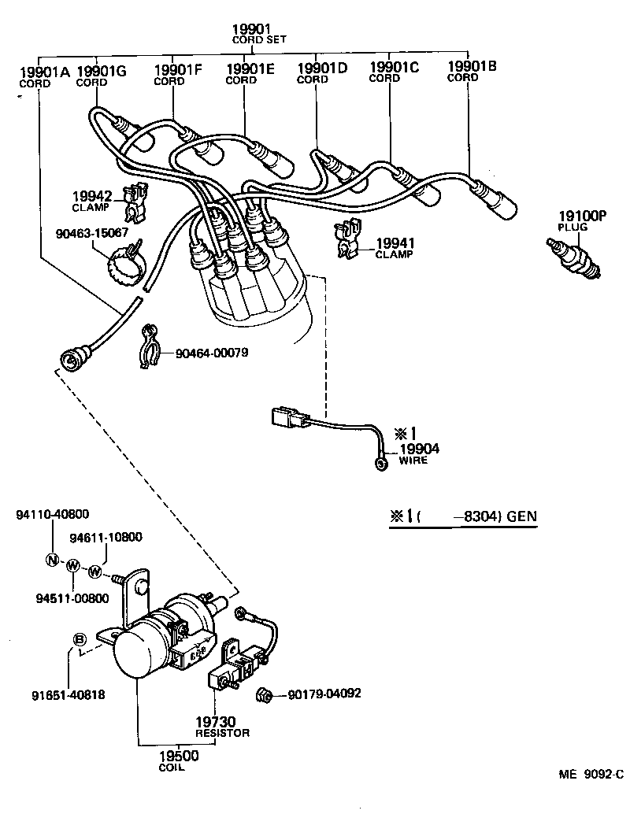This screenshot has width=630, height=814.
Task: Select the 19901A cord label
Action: coord(43,76)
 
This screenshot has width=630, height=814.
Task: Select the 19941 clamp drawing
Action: coord(347,239)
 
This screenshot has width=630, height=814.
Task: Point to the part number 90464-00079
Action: coord(211,353)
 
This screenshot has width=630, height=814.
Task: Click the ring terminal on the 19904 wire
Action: coord(383,464)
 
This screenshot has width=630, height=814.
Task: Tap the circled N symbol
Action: coord(52,561)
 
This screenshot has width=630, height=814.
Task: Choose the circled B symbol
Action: coord(80,639)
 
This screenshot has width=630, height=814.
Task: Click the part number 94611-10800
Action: coord(106,538)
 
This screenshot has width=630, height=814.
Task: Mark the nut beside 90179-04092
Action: coord(267,694)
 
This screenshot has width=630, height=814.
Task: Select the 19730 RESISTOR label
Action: coord(222,727)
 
